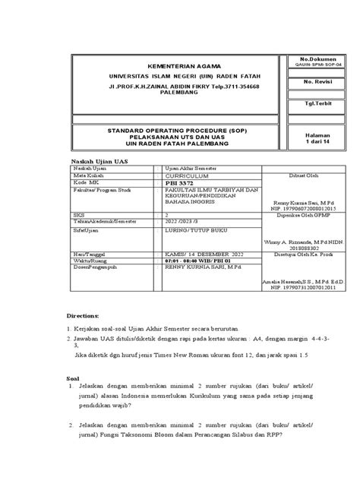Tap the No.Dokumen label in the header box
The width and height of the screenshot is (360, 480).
314,58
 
